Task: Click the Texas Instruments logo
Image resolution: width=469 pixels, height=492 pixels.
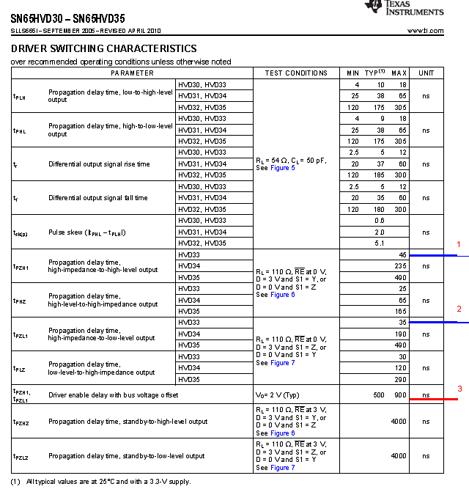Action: click(404, 9)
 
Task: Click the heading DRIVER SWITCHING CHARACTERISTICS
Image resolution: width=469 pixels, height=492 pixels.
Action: click(103, 48)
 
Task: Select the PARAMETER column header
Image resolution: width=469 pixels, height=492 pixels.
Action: click(132, 73)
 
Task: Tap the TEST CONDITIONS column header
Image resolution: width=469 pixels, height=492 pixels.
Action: click(296, 73)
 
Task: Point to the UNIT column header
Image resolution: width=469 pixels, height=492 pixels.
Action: click(426, 73)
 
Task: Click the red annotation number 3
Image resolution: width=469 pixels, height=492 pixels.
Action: click(459, 389)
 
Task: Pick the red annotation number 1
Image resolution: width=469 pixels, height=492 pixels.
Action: click(459, 244)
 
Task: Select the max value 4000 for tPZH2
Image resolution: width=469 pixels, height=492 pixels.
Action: click(399, 422)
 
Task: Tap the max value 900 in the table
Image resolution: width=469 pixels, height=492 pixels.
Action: click(400, 395)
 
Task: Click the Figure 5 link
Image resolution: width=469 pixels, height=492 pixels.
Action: click(282, 168)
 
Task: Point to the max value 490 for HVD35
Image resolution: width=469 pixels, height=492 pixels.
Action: click(400, 277)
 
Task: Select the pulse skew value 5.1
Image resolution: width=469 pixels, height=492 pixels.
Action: click(380, 243)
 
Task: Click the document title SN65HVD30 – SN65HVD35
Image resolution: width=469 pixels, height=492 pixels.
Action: click(67, 12)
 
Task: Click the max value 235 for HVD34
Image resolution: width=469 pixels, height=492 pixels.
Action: click(400, 266)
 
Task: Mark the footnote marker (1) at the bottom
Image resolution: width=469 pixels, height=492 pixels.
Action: click(15, 481)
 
